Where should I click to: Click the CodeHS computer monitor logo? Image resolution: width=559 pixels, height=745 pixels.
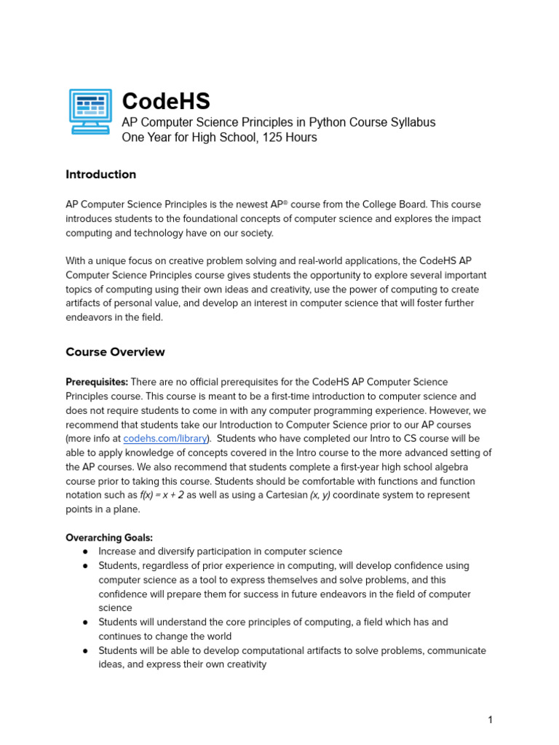pos(90,111)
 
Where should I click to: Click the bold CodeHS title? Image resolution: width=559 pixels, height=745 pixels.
pos(165,101)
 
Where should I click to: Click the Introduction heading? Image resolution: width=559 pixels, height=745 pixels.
pos(100,175)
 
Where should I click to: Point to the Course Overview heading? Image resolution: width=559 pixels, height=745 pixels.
pos(115,352)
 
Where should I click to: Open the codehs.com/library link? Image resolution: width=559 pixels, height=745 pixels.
pos(166,439)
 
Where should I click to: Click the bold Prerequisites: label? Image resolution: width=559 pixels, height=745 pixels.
pos(97,382)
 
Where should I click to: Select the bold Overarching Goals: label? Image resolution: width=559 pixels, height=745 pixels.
pos(109,538)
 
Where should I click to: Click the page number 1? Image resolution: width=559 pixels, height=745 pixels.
pos(490,720)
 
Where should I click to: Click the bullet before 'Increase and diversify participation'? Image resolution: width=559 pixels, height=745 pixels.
pos(85,552)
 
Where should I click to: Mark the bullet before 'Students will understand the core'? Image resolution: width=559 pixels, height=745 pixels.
pos(85,623)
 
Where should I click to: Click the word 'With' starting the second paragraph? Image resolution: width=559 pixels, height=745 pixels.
pos(77,261)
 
